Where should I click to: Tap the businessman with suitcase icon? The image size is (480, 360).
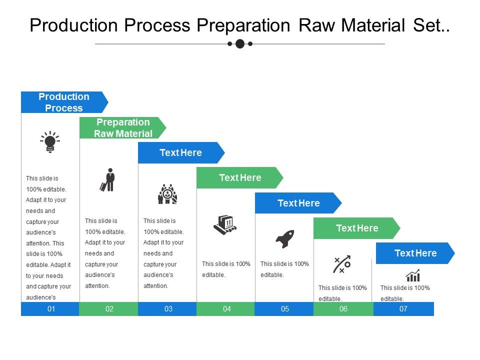(x=108, y=180)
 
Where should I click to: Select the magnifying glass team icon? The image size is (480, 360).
(x=167, y=194)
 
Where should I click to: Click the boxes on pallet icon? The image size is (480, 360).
(x=225, y=224)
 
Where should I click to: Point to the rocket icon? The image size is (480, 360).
(x=285, y=239)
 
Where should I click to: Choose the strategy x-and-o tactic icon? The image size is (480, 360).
(x=342, y=264)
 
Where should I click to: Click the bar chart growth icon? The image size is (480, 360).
(x=412, y=275)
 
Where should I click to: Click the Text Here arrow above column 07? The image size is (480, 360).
(x=415, y=253)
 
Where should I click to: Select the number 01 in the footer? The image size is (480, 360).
(x=51, y=309)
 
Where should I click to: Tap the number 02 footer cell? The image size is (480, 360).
(x=109, y=309)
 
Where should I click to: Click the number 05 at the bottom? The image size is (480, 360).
(x=285, y=309)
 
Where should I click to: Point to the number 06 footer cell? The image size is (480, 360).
(x=343, y=309)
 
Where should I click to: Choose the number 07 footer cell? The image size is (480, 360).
(x=403, y=309)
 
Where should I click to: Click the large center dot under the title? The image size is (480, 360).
(x=240, y=44)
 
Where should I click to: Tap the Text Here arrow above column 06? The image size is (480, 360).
(x=357, y=228)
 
